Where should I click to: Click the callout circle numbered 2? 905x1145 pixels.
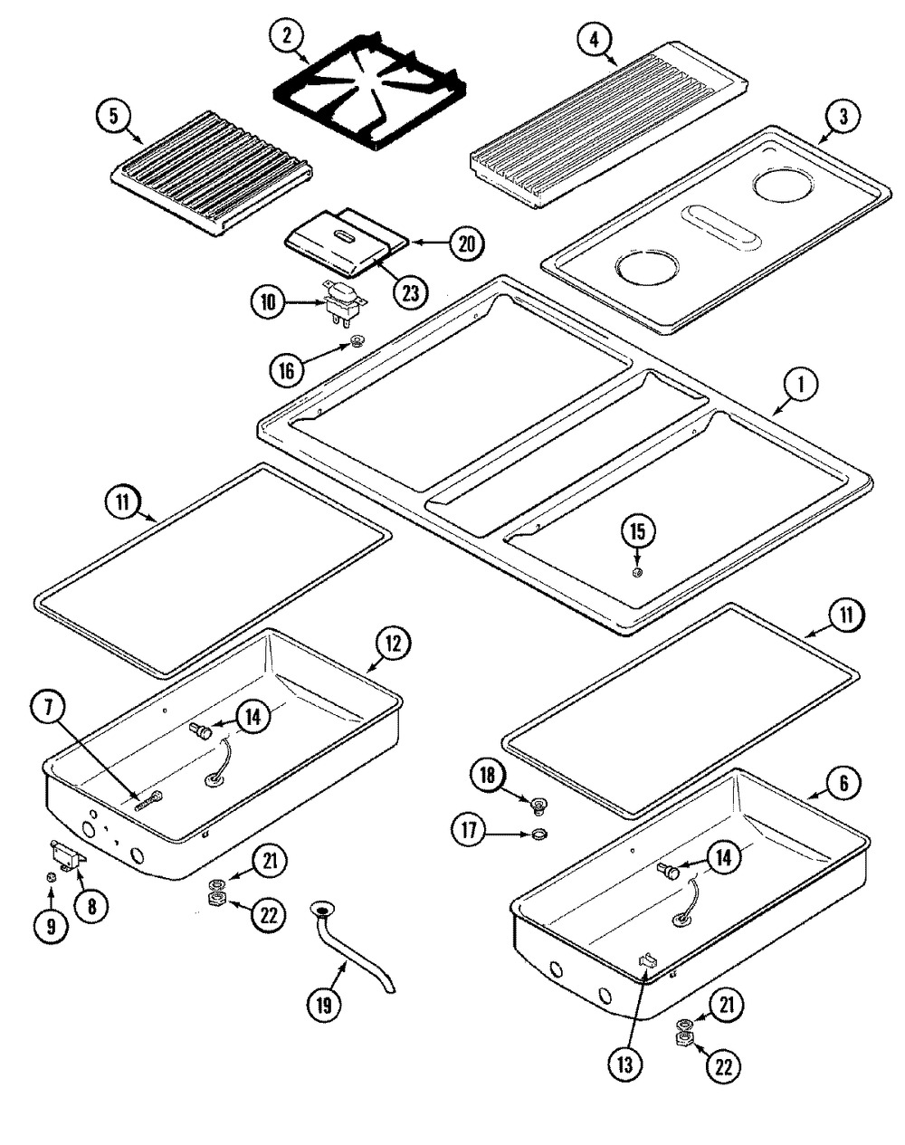287,36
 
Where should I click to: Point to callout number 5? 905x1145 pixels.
114,116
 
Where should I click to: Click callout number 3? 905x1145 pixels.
843,116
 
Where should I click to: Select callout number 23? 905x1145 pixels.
410,291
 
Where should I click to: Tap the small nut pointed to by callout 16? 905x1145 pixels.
359,342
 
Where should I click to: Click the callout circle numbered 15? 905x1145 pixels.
638,530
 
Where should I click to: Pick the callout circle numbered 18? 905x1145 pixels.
487,775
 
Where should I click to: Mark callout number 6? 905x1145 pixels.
843,784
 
